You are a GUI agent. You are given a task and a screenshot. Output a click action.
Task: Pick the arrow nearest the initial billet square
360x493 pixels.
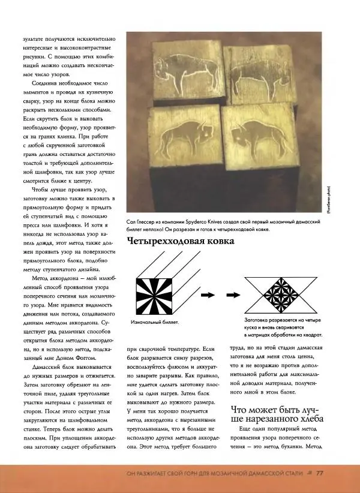pos(208,295)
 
